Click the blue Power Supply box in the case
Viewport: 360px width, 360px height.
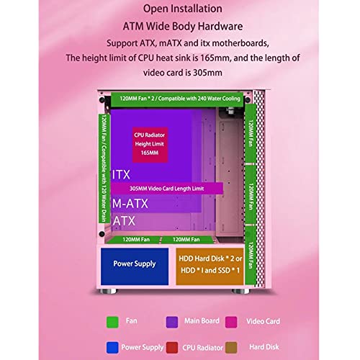click(135, 266)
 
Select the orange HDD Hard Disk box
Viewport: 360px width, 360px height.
click(210, 266)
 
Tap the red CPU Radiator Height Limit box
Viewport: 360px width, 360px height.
click(150, 145)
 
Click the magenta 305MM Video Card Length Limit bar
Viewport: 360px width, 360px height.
click(167, 189)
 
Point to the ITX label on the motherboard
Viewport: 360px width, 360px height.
click(121, 175)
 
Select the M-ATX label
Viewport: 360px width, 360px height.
click(130, 204)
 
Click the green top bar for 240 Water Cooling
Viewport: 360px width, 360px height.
click(177, 99)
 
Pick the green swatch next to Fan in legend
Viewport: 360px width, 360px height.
click(112, 322)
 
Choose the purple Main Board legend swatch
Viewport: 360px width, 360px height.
click(172, 322)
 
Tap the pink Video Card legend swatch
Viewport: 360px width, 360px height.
click(231, 322)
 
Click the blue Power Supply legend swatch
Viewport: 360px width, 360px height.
click(112, 348)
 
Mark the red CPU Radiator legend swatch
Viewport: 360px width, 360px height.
click(172, 348)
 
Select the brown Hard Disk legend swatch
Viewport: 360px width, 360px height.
click(231, 348)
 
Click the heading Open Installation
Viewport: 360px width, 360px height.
click(183, 9)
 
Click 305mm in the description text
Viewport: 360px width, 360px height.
click(207, 73)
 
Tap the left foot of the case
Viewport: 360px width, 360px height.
click(109, 291)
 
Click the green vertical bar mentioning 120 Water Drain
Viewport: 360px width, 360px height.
click(104, 168)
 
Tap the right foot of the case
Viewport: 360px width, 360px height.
click(240, 291)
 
